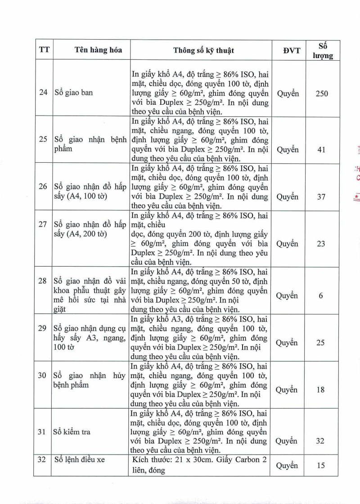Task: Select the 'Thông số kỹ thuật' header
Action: coord(203,50)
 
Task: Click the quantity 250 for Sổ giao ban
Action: coord(322,94)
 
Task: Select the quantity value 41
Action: coord(321,149)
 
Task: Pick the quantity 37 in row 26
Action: coord(321,197)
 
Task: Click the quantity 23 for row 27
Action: coord(321,244)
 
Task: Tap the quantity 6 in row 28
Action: coord(321,296)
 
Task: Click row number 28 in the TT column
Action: coord(43,281)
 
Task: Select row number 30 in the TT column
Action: coord(43,375)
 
